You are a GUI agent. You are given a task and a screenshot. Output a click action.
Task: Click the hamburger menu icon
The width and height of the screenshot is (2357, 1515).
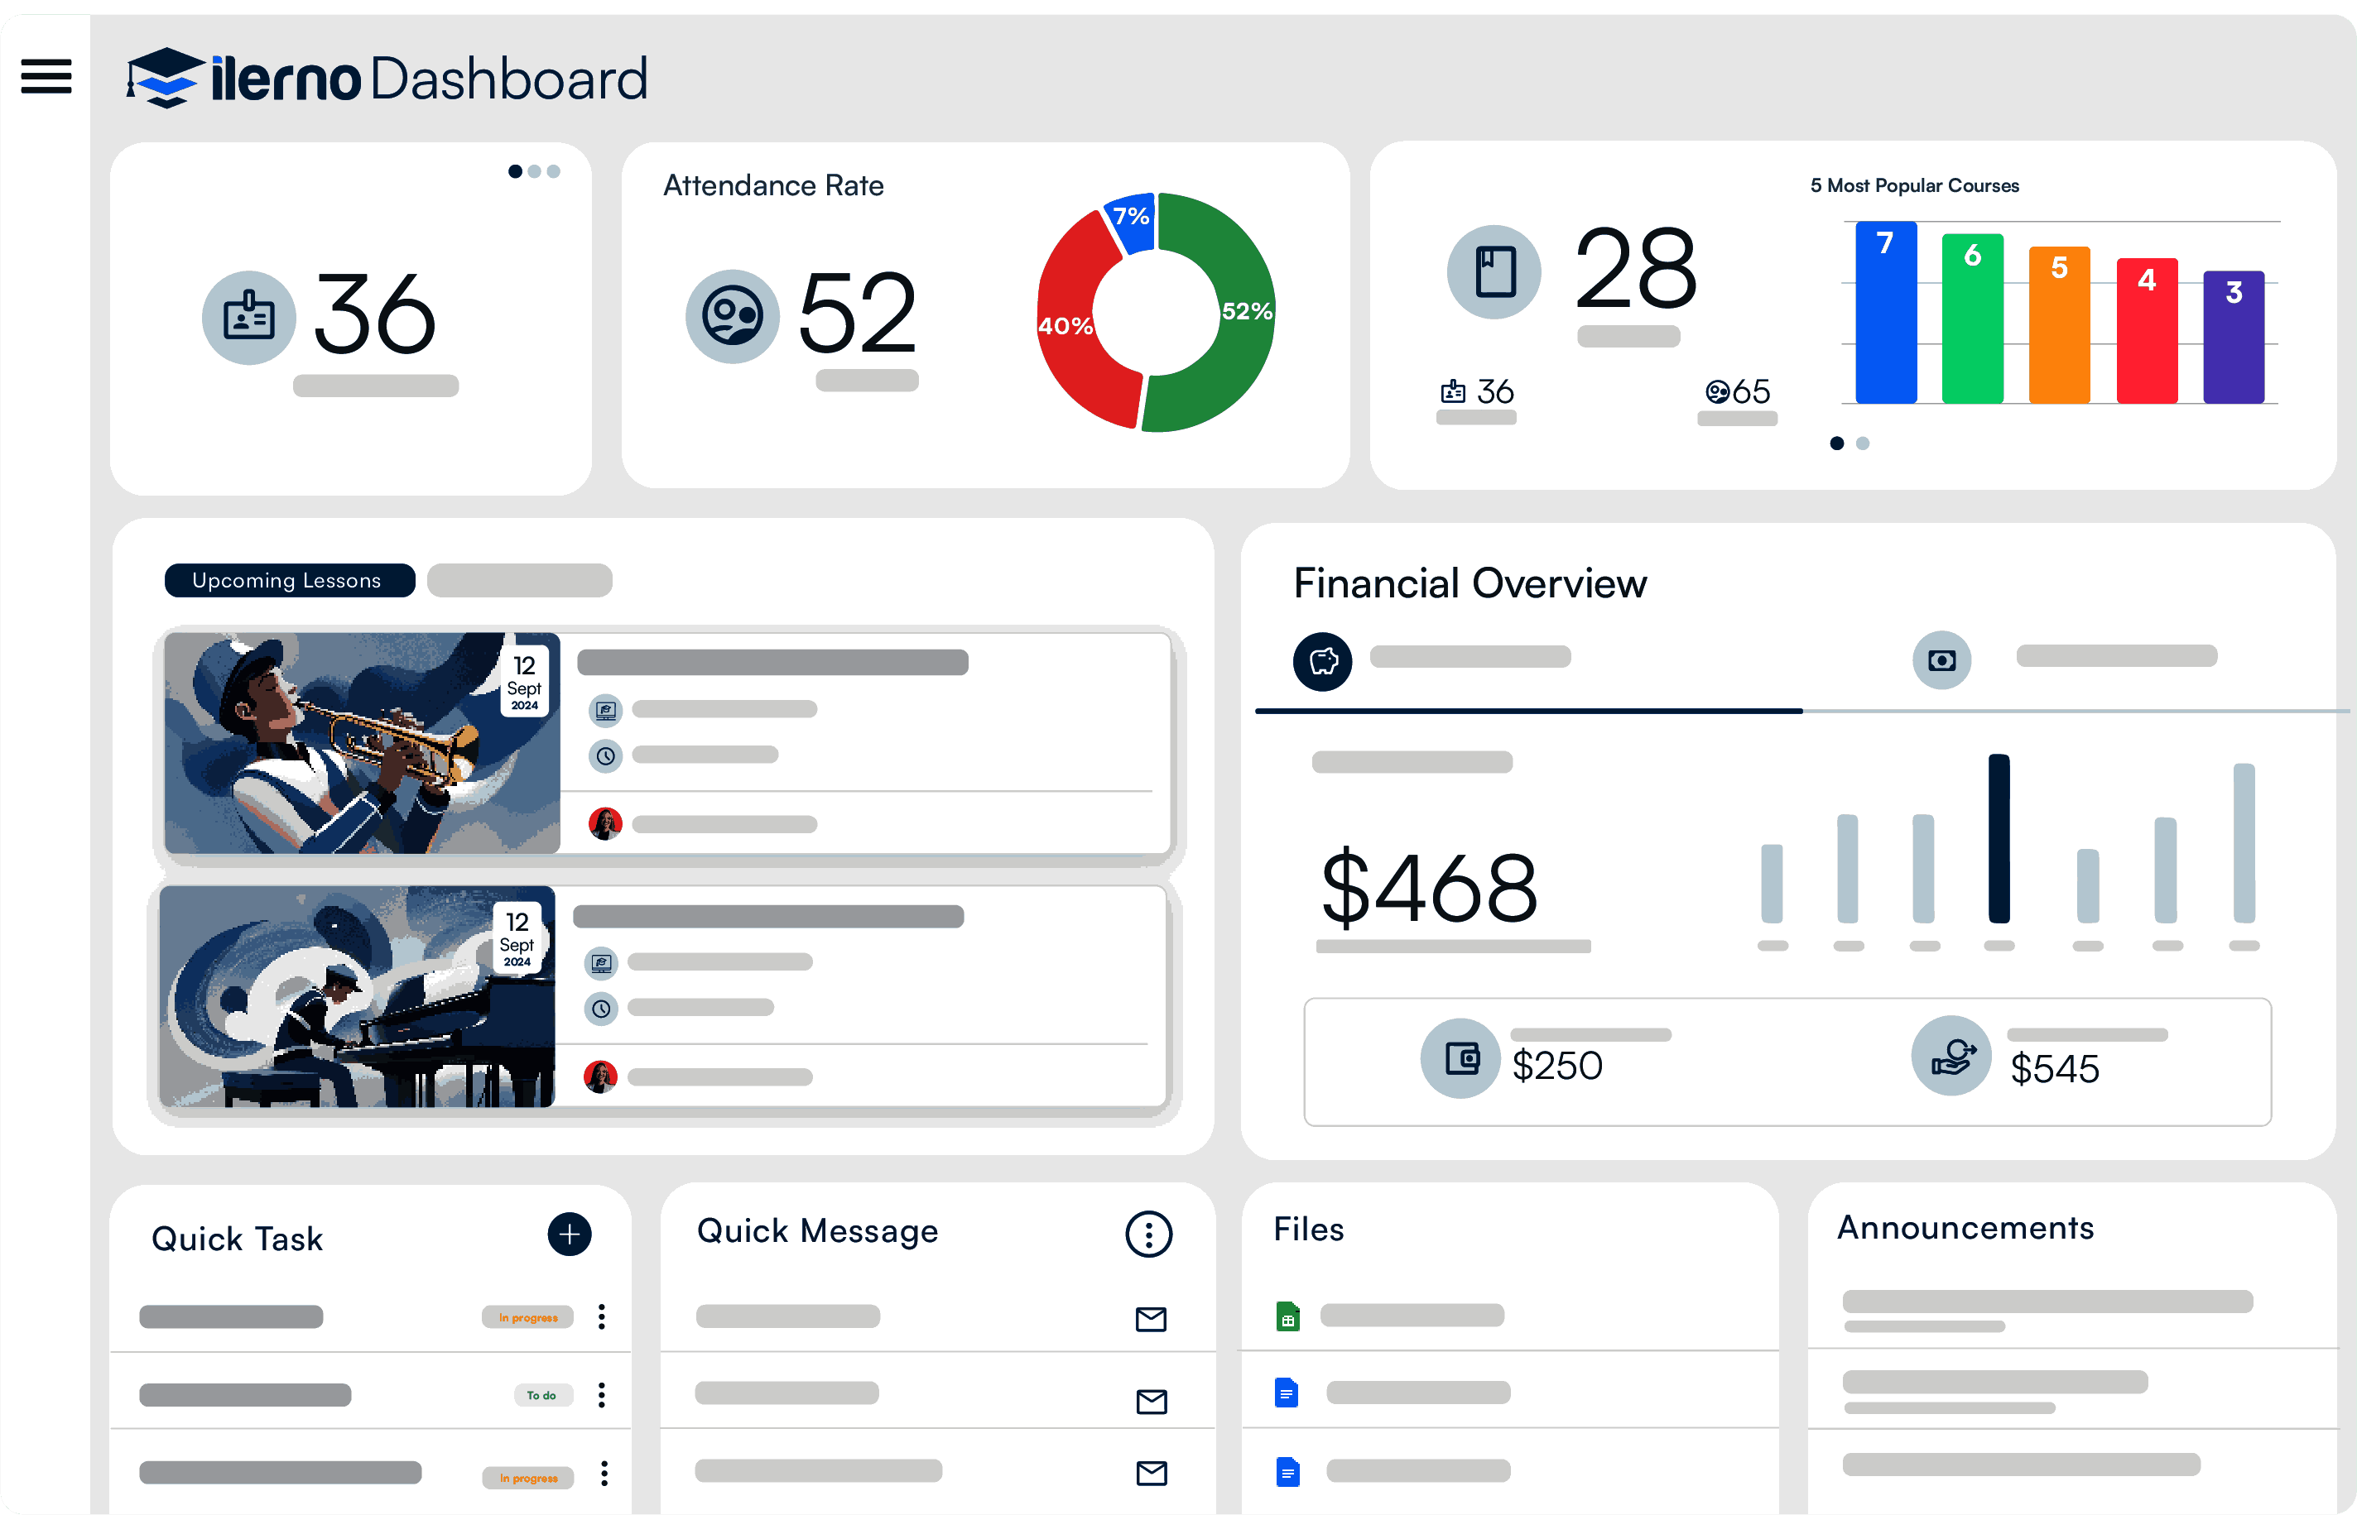coord(46,77)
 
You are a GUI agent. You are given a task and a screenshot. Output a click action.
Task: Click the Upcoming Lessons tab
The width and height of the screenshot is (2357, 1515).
coord(288,580)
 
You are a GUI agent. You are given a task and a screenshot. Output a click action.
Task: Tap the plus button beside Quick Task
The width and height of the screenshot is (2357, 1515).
coord(569,1235)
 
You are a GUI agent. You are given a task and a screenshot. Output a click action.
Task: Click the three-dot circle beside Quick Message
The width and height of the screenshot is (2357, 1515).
coord(1148,1234)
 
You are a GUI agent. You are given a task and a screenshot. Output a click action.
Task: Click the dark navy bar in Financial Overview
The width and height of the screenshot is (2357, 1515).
coord(1999,838)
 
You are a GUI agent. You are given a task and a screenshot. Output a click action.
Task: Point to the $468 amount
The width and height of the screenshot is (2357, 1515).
coord(1429,889)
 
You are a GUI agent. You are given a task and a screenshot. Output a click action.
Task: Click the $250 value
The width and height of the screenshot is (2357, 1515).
coord(1557,1067)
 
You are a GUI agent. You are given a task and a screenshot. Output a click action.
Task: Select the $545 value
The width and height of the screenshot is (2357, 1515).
coord(2054,1069)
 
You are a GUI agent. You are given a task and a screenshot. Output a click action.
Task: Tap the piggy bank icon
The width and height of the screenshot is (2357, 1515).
coord(1323,661)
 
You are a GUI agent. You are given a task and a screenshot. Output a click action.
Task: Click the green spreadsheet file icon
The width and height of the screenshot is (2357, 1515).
coord(1287,1316)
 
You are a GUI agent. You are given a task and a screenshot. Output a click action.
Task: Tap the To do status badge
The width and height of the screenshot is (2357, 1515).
coord(541,1395)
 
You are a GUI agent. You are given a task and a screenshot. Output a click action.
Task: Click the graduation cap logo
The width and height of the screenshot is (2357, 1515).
coord(166,78)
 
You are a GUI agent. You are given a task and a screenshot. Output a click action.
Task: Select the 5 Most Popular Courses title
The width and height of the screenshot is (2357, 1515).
coord(1914,186)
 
